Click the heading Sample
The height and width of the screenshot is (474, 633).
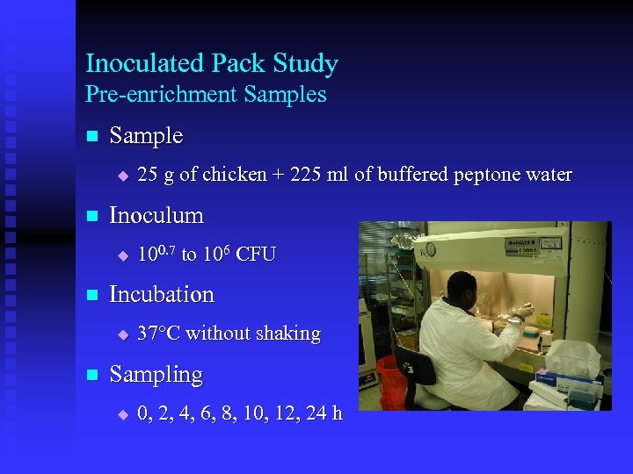coord(146,136)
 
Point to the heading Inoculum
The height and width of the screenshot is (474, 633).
coord(156,215)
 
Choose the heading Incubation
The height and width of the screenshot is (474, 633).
coord(161,294)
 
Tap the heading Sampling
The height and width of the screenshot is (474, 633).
coord(156,374)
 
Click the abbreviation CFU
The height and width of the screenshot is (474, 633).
coord(256,255)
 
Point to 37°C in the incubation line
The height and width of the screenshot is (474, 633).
coord(158,334)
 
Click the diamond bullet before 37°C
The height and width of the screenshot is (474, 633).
coord(122,334)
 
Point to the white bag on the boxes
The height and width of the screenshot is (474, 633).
coord(573,357)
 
